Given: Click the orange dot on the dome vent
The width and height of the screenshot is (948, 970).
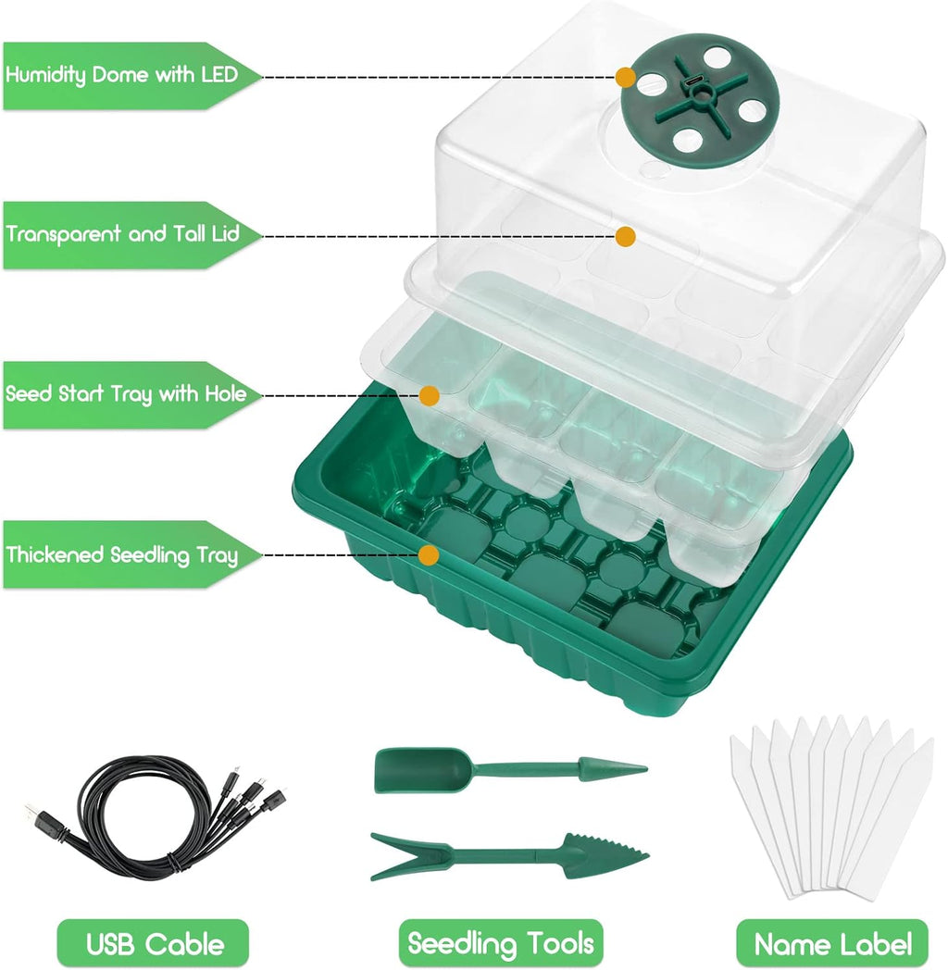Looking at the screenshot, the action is click(x=626, y=78).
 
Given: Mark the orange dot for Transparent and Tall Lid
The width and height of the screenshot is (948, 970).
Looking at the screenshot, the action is click(x=626, y=236).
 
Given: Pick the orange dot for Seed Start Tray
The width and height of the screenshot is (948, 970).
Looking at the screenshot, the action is click(x=430, y=395).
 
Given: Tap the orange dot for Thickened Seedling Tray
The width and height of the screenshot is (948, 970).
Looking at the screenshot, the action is click(x=429, y=555).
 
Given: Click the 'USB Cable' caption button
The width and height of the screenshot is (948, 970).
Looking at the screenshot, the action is click(x=154, y=944).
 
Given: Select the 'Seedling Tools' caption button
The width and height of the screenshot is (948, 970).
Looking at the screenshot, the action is click(x=501, y=944).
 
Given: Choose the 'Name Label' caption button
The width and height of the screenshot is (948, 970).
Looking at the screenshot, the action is click(x=832, y=944).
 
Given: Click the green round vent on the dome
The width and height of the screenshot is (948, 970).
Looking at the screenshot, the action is click(x=701, y=98).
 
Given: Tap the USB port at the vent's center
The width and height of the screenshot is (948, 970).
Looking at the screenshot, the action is click(x=693, y=82).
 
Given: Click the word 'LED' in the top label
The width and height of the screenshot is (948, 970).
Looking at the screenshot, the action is click(x=219, y=75).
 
